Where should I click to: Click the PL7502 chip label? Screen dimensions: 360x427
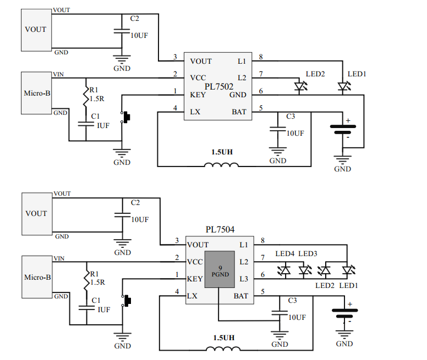tap(219, 86)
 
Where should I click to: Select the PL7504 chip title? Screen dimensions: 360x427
tap(220, 229)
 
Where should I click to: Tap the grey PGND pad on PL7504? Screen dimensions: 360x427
tap(220, 270)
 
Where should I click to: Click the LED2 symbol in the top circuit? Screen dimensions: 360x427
tap(300, 87)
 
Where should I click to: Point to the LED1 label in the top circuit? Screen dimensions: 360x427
tap(357, 74)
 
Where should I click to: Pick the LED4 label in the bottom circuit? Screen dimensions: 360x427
tap(285, 254)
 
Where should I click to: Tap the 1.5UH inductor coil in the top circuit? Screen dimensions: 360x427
tap(221, 165)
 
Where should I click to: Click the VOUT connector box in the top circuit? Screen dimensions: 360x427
tap(36, 29)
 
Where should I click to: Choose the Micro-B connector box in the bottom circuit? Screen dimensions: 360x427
tap(36, 277)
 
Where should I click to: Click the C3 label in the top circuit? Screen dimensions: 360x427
tap(291, 117)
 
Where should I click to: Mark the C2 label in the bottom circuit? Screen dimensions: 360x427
tap(135, 203)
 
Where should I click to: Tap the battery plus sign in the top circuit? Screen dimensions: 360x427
tap(348, 120)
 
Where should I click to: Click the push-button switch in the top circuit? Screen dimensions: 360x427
tap(125, 117)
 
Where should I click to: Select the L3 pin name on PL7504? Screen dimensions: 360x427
tap(244, 279)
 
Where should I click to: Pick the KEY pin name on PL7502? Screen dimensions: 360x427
tap(198, 95)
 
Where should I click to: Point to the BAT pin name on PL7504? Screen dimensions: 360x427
tap(240, 296)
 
